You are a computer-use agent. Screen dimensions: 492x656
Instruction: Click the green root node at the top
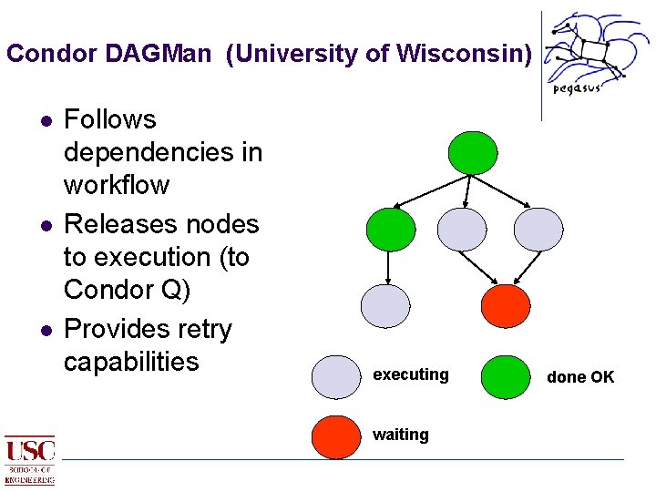click(473, 152)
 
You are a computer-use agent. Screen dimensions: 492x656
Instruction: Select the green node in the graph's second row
click(390, 229)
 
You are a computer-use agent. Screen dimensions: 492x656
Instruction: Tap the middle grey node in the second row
click(462, 229)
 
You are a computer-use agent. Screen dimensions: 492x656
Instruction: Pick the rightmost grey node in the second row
click(538, 229)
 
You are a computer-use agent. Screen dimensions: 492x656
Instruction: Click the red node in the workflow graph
click(505, 306)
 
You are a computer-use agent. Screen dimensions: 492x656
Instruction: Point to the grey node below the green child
click(385, 306)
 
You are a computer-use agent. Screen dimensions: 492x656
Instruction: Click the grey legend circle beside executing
click(336, 376)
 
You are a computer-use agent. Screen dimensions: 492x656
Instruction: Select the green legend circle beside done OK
click(505, 376)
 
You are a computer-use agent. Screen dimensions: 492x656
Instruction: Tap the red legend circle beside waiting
click(336, 436)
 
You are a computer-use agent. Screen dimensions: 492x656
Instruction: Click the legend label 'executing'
click(411, 374)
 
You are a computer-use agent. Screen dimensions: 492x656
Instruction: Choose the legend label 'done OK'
click(580, 377)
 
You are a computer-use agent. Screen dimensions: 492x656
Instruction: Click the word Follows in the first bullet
click(109, 119)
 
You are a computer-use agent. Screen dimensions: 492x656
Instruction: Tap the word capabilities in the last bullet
click(131, 361)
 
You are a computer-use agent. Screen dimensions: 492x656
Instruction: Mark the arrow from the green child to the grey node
click(389, 267)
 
